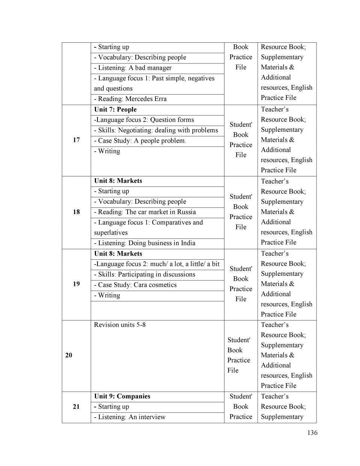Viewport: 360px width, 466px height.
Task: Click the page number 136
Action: click(x=312, y=433)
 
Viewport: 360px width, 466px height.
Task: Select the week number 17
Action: click(x=76, y=140)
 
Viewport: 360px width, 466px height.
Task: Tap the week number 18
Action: click(x=76, y=212)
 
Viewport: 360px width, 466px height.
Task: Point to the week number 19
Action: click(x=76, y=284)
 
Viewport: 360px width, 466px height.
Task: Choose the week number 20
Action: click(x=69, y=355)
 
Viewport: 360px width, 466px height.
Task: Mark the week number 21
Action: click(x=76, y=406)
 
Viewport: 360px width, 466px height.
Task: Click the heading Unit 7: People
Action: click(x=115, y=110)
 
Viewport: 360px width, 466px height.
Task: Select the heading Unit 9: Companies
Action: click(x=122, y=396)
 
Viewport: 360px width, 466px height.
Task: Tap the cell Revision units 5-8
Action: click(x=120, y=325)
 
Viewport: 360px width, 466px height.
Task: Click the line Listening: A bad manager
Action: click(x=133, y=68)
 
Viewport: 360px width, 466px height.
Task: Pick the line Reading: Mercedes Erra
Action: click(x=130, y=99)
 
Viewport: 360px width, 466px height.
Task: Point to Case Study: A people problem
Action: click(x=140, y=141)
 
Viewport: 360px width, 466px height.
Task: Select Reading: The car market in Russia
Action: click(x=145, y=212)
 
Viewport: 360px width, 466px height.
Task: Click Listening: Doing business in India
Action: click(x=145, y=243)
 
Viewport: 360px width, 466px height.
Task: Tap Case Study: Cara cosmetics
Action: click(x=135, y=285)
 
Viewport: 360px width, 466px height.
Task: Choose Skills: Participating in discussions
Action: click(x=145, y=274)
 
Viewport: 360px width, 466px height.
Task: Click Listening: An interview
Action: click(x=130, y=417)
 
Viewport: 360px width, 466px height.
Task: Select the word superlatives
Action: click(x=111, y=233)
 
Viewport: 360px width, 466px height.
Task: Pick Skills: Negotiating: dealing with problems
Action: click(x=156, y=130)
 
